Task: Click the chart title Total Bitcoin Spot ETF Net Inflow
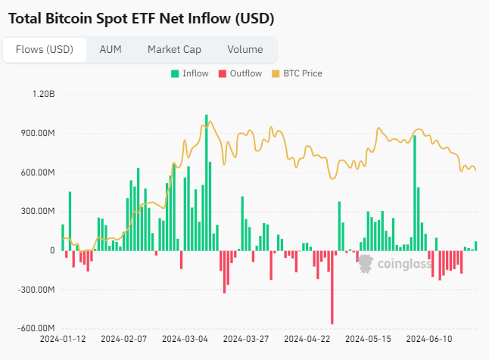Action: (x=141, y=18)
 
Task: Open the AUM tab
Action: (x=111, y=50)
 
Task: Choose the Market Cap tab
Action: (x=174, y=50)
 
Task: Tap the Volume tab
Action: (x=244, y=50)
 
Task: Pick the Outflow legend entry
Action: (x=240, y=73)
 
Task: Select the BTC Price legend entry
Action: (x=302, y=73)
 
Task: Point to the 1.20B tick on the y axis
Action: (x=43, y=95)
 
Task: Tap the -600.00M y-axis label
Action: (x=36, y=328)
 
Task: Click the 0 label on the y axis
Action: (x=52, y=250)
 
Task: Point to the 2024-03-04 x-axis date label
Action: (x=185, y=340)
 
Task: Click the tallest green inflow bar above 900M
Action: (x=206, y=182)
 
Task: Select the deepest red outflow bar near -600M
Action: (x=332, y=287)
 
